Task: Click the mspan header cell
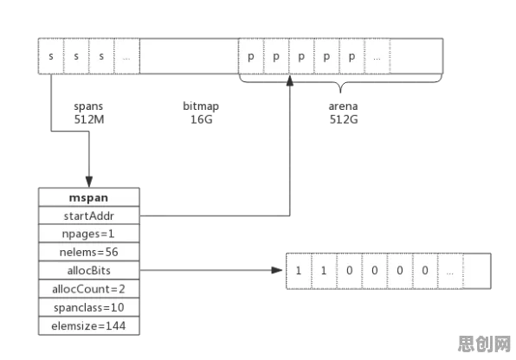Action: pyautogui.click(x=89, y=197)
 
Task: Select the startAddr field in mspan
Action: pyautogui.click(x=89, y=215)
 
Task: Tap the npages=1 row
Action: pyautogui.click(x=89, y=234)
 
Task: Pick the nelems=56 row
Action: pyautogui.click(x=89, y=253)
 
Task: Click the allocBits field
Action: pyautogui.click(x=89, y=271)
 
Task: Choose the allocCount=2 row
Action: pyautogui.click(x=89, y=289)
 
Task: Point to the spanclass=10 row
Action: pyautogui.click(x=89, y=308)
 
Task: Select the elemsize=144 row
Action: pyautogui.click(x=89, y=326)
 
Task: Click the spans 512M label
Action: pyautogui.click(x=89, y=112)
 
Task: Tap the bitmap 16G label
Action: pyautogui.click(x=201, y=112)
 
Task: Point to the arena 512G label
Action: pyautogui.click(x=343, y=112)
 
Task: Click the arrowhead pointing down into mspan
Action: pyautogui.click(x=89, y=182)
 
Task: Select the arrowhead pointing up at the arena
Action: pyautogui.click(x=289, y=80)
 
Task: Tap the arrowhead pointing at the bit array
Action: pyautogui.click(x=277, y=270)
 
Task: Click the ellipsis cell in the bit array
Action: pyautogui.click(x=450, y=271)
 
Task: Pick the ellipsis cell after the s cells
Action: pyautogui.click(x=126, y=56)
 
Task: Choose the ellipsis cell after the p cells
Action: pyautogui.click(x=377, y=56)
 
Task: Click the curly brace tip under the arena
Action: pyautogui.click(x=340, y=92)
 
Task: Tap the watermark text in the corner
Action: pyautogui.click(x=484, y=344)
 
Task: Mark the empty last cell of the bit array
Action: pyautogui.click(x=477, y=271)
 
